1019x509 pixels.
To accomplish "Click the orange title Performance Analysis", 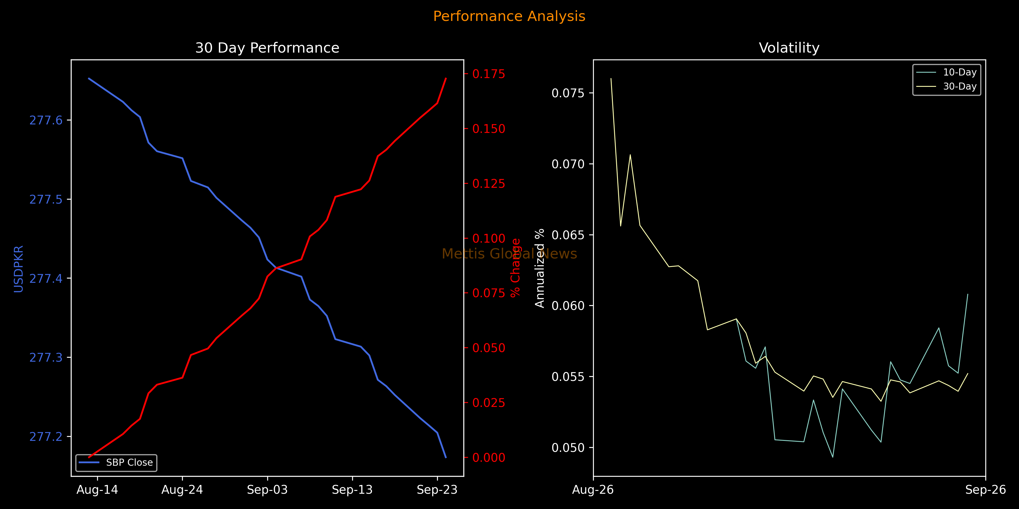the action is pos(509,16).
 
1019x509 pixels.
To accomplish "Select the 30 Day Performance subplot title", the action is pos(267,48).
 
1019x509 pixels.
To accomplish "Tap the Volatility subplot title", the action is pos(789,48).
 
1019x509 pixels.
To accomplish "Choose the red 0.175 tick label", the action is pos(489,74).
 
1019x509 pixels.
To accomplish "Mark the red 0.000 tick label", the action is pos(489,458).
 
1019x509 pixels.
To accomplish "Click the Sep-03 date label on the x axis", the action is pos(267,490).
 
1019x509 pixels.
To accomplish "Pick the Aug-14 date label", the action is pos(97,490).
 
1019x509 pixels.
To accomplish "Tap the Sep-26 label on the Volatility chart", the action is pos(985,490).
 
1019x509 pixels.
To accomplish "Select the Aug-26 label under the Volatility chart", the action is pos(593,490).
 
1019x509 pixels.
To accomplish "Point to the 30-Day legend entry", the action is pos(947,87).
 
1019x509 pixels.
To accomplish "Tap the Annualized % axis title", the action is pos(540,268).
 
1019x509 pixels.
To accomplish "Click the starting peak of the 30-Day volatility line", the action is pos(611,78).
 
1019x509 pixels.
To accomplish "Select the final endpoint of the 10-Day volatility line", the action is pos(967,294).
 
